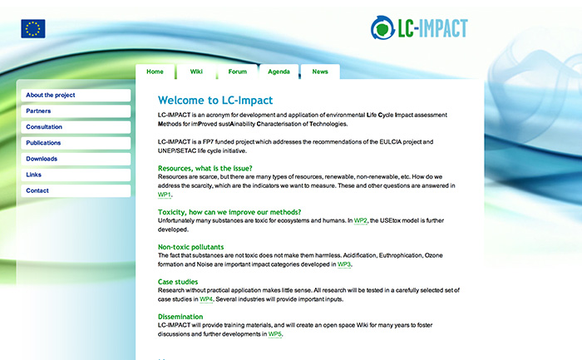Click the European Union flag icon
pyautogui.click(x=33, y=28)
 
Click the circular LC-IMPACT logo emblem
pyautogui.click(x=382, y=27)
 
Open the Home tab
pyautogui.click(x=155, y=72)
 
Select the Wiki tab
pyautogui.click(x=196, y=72)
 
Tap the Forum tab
pyautogui.click(x=238, y=72)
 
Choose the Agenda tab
pyautogui.click(x=279, y=72)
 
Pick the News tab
pyautogui.click(x=320, y=72)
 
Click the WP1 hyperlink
pyautogui.click(x=164, y=195)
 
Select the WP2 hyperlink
pyautogui.click(x=360, y=221)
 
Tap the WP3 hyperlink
pyautogui.click(x=343, y=264)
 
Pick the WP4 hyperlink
pyautogui.click(x=206, y=299)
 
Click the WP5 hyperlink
pyautogui.click(x=274, y=334)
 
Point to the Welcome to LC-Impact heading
pyautogui.click(x=215, y=101)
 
